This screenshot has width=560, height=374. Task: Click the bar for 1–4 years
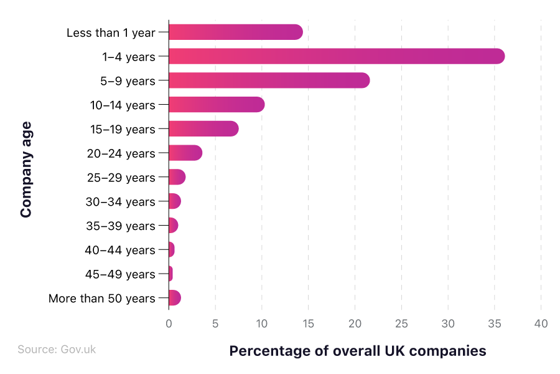[336, 56]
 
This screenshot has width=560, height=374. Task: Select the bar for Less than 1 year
[235, 32]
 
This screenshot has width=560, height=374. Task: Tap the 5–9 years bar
[269, 80]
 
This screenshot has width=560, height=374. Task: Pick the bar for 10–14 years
[216, 105]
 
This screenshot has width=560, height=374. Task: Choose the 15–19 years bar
[203, 129]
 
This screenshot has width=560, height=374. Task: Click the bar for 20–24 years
[185, 153]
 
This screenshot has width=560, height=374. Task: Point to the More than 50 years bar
[174, 298]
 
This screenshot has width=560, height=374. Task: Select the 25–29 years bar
[177, 177]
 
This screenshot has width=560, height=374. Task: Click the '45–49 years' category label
[120, 274]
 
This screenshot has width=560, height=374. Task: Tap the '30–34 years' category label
[120, 201]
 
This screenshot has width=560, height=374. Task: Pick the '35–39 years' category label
[120, 226]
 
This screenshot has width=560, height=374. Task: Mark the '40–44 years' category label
[120, 250]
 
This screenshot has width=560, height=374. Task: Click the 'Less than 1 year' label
[111, 32]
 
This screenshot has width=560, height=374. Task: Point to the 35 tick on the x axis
[495, 324]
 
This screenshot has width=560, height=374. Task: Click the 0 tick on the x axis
[169, 324]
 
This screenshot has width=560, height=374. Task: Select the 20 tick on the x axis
[355, 324]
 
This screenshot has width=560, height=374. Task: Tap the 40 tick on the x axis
[541, 324]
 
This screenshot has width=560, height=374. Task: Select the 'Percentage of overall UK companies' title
[357, 351]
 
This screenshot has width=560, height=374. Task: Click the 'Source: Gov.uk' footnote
[57, 350]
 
